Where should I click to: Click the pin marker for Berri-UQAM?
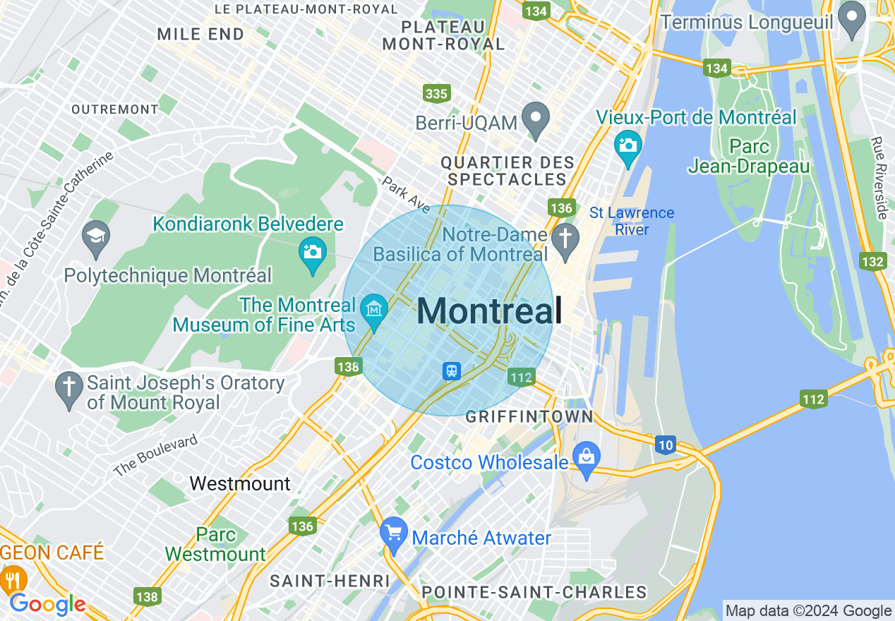pyautogui.click(x=536, y=120)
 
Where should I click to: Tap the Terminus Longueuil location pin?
pyautogui.click(x=853, y=19)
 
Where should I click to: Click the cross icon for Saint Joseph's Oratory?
pyautogui.click(x=68, y=390)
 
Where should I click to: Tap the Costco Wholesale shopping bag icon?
pyautogui.click(x=587, y=459)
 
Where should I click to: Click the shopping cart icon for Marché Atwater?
pyautogui.click(x=393, y=534)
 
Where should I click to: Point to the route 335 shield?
pyautogui.click(x=436, y=93)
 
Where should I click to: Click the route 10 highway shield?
pyautogui.click(x=665, y=445)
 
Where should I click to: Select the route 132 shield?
pyautogui.click(x=873, y=262)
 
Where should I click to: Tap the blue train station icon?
pyautogui.click(x=452, y=370)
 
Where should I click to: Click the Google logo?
pyautogui.click(x=47, y=604)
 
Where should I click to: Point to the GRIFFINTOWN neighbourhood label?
pyautogui.click(x=529, y=417)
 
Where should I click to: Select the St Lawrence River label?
pyautogui.click(x=632, y=221)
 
